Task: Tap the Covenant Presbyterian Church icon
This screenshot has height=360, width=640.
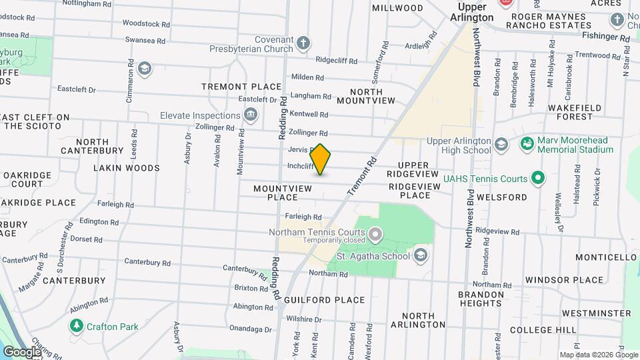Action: (x=303, y=45)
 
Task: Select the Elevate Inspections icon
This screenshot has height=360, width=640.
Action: (x=251, y=115)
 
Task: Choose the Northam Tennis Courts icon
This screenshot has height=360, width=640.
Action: (x=375, y=233)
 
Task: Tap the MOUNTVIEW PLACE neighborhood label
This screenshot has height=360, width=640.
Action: (x=283, y=193)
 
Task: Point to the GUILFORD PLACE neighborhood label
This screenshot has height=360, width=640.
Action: (x=324, y=300)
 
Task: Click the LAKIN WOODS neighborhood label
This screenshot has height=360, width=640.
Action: (x=126, y=168)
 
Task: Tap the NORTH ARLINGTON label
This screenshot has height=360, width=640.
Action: (x=423, y=320)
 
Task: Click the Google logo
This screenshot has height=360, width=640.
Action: (x=21, y=351)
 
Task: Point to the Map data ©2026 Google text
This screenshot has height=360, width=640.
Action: (x=598, y=355)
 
